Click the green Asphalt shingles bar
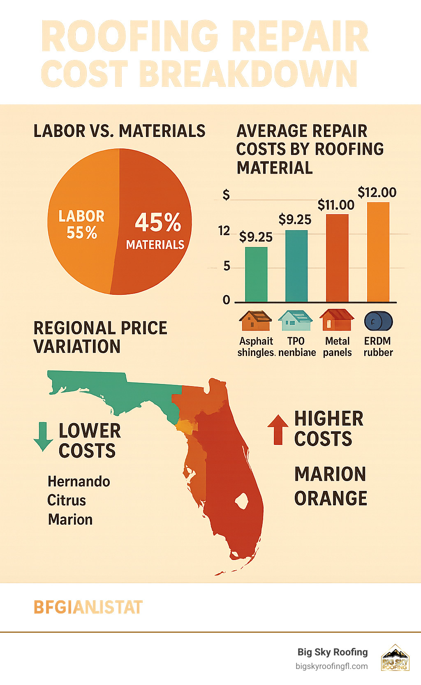(x=256, y=274)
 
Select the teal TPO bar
(x=296, y=266)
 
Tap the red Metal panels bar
(x=337, y=258)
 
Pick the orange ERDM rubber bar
(x=378, y=252)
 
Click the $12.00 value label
(x=377, y=192)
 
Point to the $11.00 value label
(x=336, y=205)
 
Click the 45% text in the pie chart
(x=158, y=222)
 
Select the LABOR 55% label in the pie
(x=81, y=224)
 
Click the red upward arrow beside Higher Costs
(x=278, y=429)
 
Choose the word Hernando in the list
(x=79, y=481)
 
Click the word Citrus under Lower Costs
(x=67, y=500)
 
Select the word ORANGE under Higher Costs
(x=331, y=498)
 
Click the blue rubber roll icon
(x=378, y=322)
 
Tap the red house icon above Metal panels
(x=337, y=320)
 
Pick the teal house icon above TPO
(x=295, y=320)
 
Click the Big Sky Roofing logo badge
(x=395, y=658)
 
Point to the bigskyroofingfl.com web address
(x=331, y=666)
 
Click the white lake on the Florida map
(x=242, y=501)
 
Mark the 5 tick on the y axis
(x=227, y=266)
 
